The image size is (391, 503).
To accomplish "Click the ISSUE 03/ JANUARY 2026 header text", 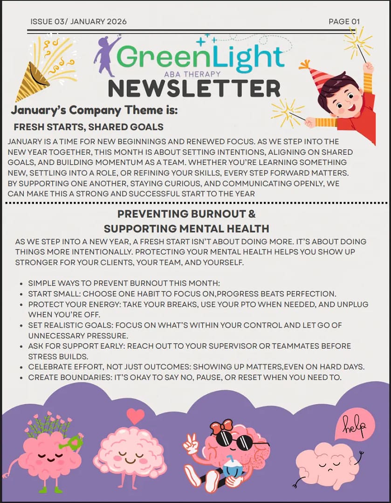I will tap(78, 21).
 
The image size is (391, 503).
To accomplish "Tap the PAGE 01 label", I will tap(344, 21).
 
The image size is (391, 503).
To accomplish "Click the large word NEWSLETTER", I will tap(194, 89).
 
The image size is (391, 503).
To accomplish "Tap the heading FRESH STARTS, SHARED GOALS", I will tap(89, 127).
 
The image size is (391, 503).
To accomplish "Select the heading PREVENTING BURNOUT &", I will tap(186, 214).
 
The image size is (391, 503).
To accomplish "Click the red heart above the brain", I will tap(135, 416).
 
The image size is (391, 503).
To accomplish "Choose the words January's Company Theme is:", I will tap(95, 110).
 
